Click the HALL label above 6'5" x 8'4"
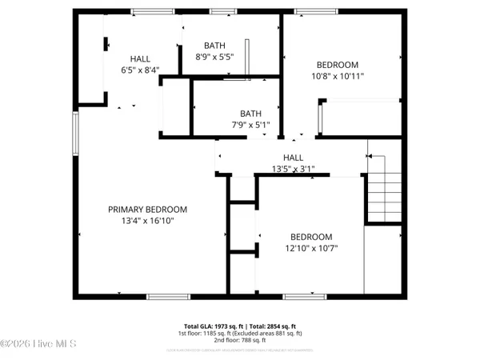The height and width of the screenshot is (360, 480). click(x=140, y=58)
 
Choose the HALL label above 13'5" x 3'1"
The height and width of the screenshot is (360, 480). click(x=294, y=158)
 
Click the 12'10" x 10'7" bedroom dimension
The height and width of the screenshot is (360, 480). click(x=310, y=248)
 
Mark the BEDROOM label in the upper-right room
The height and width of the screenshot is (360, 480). click(x=337, y=65)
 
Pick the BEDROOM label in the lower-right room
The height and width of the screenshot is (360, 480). click(x=310, y=237)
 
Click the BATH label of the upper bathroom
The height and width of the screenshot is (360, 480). click(x=214, y=46)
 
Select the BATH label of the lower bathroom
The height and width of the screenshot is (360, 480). click(x=250, y=113)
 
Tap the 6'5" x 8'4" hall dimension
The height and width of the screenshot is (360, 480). click(x=140, y=70)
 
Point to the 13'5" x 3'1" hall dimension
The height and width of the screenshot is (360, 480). click(x=294, y=169)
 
